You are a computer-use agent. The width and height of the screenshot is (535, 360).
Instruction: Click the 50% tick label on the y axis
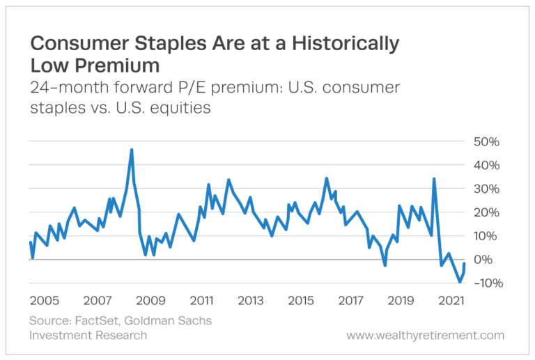pos(486,141)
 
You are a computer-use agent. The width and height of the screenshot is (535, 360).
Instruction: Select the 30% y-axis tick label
pos(486,189)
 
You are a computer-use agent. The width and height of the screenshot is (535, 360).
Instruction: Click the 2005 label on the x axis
pos(45,301)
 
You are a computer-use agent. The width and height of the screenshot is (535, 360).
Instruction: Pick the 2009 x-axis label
pos(150,301)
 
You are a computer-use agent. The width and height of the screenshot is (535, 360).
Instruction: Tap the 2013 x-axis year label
pos(250,301)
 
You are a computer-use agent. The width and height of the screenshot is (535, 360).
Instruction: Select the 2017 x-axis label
pos(350,301)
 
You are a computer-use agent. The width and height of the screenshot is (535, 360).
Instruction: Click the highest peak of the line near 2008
pos(132,150)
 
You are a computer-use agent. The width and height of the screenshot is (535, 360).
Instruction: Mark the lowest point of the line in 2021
pos(459,282)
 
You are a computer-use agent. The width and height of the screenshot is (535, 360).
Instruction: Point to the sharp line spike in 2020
pos(434,179)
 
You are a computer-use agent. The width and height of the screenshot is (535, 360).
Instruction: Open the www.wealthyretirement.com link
pos(425,336)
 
